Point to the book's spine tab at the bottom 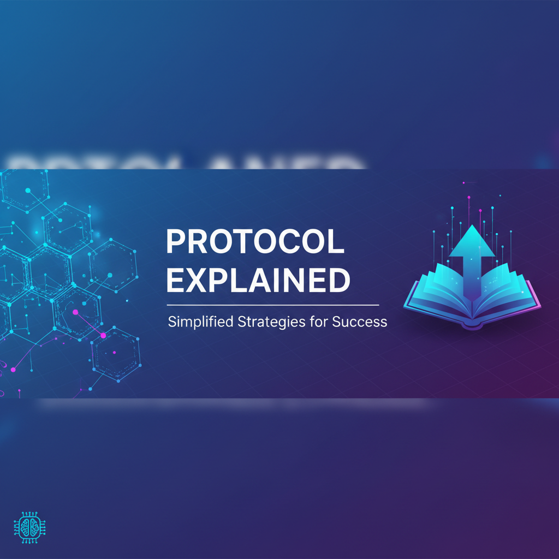(x=473, y=326)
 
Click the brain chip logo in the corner (x=28, y=527)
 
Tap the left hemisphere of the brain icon (x=23, y=527)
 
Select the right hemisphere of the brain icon (x=32, y=527)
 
